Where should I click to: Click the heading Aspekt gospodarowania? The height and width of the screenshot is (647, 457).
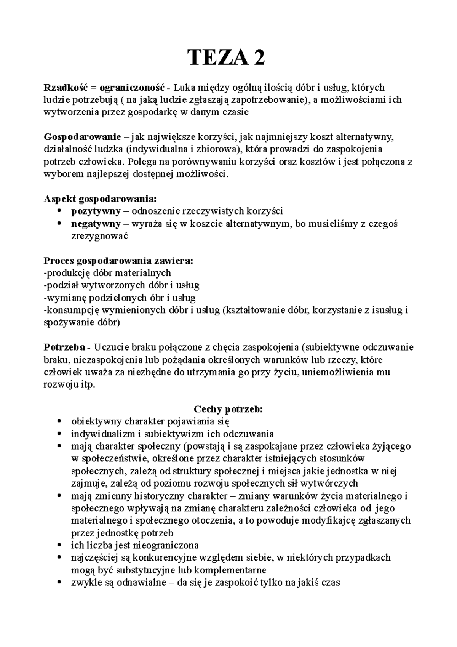pyautogui.click(x=100, y=199)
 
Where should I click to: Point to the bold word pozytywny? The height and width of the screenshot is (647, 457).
pyautogui.click(x=96, y=211)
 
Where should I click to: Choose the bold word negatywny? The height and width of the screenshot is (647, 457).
pyautogui.click(x=96, y=224)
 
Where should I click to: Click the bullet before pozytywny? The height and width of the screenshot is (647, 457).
pyautogui.click(x=59, y=211)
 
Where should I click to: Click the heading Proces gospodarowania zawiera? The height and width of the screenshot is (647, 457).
pyautogui.click(x=118, y=261)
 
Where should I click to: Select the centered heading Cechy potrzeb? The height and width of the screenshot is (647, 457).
pyautogui.click(x=228, y=409)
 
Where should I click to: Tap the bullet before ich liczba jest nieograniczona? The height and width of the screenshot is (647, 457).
pyautogui.click(x=59, y=546)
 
